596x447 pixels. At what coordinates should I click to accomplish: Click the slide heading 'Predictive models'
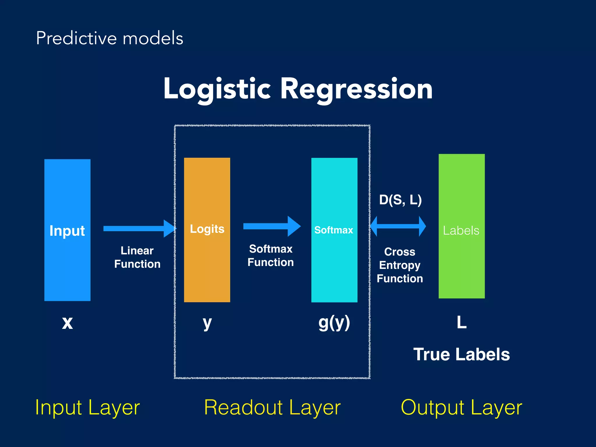click(109, 38)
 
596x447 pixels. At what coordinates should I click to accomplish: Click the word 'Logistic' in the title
click(217, 89)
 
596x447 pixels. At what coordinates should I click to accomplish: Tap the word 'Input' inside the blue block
click(67, 231)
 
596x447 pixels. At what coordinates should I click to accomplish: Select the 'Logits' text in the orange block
click(207, 229)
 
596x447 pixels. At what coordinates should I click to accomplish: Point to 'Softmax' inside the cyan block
click(334, 230)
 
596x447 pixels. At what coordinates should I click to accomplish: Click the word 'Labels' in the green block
click(461, 230)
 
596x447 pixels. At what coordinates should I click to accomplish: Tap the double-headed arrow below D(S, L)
click(398, 226)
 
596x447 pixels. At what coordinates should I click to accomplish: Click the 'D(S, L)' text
click(400, 200)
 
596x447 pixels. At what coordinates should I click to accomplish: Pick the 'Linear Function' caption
click(137, 257)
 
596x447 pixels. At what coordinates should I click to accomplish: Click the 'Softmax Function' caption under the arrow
click(271, 256)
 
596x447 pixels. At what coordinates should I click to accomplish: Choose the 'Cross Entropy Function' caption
click(400, 265)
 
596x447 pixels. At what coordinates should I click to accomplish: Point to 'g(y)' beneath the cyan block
click(334, 322)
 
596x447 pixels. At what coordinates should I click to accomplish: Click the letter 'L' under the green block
click(462, 322)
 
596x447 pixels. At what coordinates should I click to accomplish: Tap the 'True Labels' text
click(462, 354)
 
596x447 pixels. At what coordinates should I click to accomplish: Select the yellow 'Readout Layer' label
click(272, 407)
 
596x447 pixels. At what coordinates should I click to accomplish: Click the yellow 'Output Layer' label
click(461, 407)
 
